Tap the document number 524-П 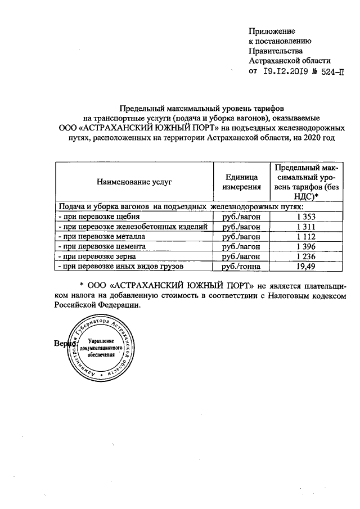(329, 71)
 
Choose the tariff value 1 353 (306, 217)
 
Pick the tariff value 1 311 (306, 227)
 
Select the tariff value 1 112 (306, 237)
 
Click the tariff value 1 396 (306, 247)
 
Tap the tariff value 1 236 (306, 257)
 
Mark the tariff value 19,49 (306, 267)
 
